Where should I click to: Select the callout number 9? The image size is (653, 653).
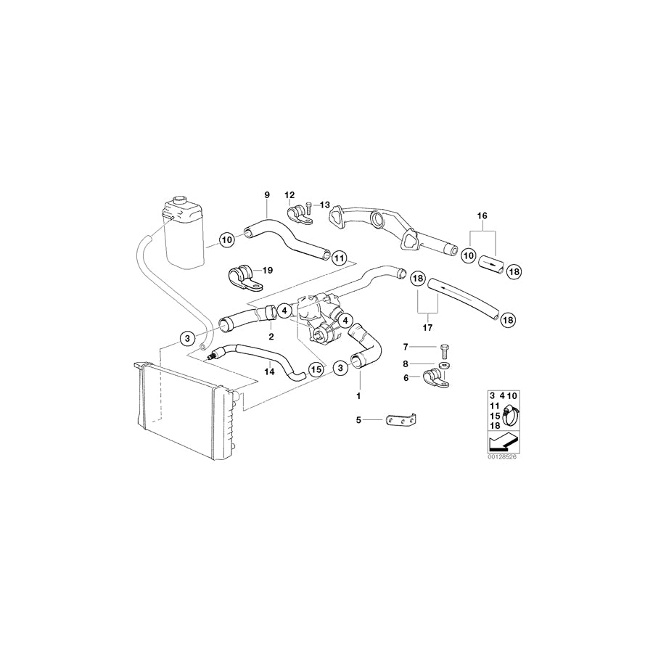pyautogui.click(x=266, y=194)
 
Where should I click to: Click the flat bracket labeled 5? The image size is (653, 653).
pyautogui.click(x=401, y=421)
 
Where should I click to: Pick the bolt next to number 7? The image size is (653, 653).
pyautogui.click(x=442, y=348)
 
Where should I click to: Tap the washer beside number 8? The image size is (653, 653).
pyautogui.click(x=443, y=364)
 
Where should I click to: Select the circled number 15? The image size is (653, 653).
pyautogui.click(x=315, y=369)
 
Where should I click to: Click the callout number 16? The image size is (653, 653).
pyautogui.click(x=482, y=216)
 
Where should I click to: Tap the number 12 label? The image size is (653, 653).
pyautogui.click(x=289, y=194)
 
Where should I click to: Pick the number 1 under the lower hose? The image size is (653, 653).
pyautogui.click(x=357, y=396)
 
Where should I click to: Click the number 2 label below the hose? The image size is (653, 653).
pyautogui.click(x=271, y=337)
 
